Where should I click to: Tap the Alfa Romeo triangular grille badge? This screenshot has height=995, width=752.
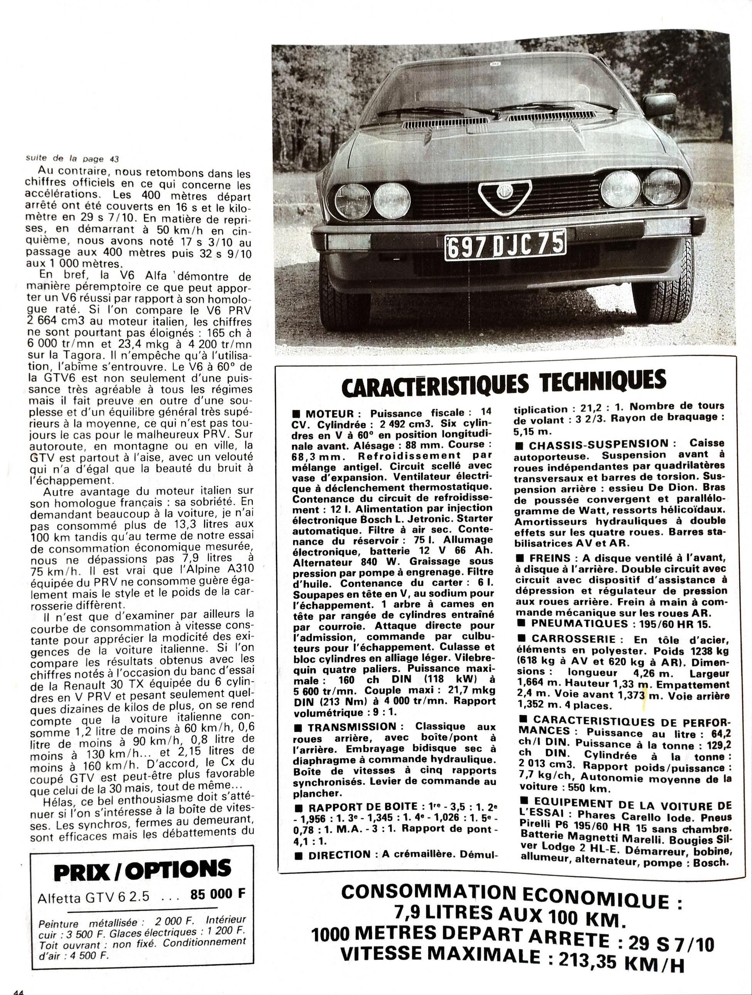(504, 194)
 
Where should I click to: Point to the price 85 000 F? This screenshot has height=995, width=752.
(218, 894)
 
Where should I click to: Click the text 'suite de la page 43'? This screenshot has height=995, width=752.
(72, 159)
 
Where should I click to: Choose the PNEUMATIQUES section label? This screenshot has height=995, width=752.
(579, 623)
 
